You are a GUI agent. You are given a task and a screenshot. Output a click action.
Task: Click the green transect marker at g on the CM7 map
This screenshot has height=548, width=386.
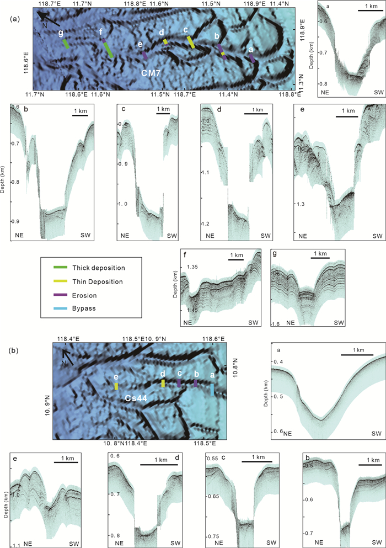[x=66, y=44]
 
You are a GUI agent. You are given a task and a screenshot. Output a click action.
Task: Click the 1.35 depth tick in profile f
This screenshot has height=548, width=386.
[x=194, y=267]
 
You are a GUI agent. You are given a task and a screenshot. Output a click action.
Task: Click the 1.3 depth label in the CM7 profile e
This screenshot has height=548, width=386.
[x=302, y=204]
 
